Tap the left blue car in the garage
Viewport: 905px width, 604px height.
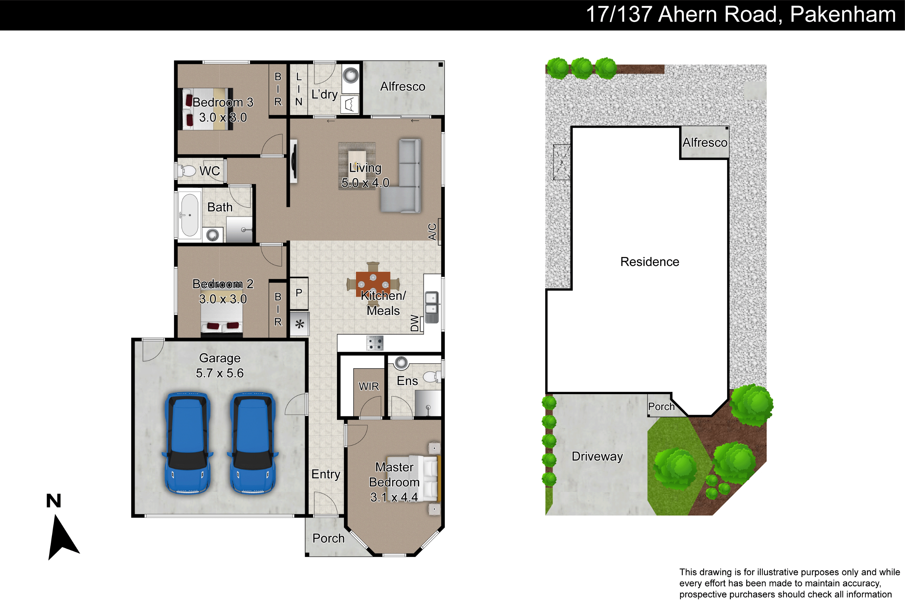188,443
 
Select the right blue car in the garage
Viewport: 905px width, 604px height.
253,443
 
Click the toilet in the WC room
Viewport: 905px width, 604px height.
187,170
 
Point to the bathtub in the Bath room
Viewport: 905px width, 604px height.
189,215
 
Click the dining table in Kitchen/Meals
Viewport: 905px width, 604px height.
373,284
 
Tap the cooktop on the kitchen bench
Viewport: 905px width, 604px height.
375,343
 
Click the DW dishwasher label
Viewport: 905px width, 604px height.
414,323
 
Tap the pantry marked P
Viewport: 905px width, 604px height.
299,293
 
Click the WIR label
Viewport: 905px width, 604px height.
369,386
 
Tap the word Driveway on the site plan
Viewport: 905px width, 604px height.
597,456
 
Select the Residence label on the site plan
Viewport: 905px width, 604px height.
649,262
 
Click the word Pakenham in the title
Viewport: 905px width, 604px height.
843,14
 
